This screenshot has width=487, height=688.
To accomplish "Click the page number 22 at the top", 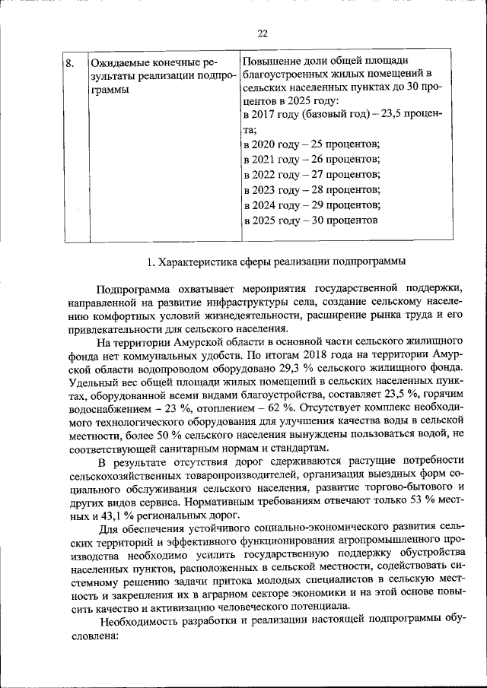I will click(x=263, y=33).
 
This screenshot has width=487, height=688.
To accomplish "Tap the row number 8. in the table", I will click(x=69, y=62).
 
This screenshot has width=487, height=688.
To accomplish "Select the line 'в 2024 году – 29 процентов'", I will click(x=311, y=204).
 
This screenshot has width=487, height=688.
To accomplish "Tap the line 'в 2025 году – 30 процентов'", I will click(x=310, y=220).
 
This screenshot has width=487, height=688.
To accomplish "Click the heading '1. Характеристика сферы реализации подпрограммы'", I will click(x=275, y=262).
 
